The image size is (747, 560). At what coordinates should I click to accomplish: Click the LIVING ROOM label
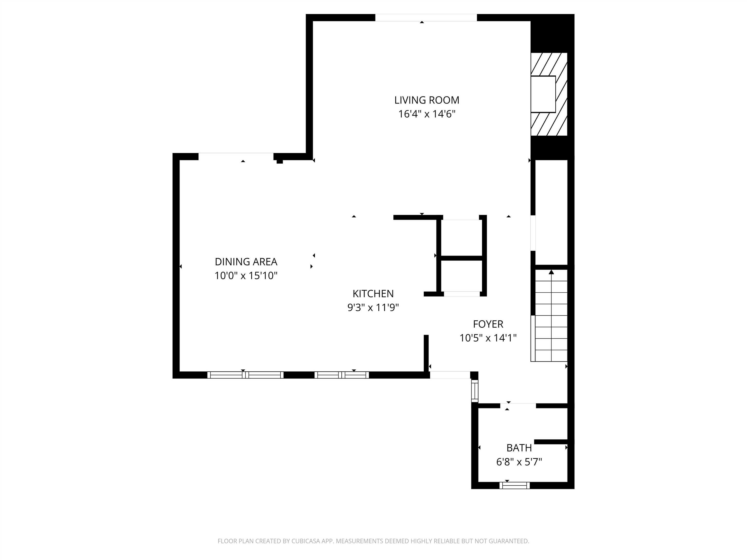[427, 100]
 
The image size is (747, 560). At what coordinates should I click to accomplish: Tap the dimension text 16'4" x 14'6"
[427, 114]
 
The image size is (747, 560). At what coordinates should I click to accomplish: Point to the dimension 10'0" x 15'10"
[246, 276]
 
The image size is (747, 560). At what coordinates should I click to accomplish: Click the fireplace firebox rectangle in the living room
[543, 94]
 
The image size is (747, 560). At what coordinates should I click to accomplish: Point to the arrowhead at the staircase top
[551, 272]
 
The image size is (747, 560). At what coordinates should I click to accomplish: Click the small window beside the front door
[475, 391]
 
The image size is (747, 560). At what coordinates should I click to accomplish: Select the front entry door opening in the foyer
[450, 375]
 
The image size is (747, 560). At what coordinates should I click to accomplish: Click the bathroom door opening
[518, 406]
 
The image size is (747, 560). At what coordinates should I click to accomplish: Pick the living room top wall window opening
[426, 17]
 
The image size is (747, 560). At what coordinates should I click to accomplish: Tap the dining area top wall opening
[236, 157]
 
